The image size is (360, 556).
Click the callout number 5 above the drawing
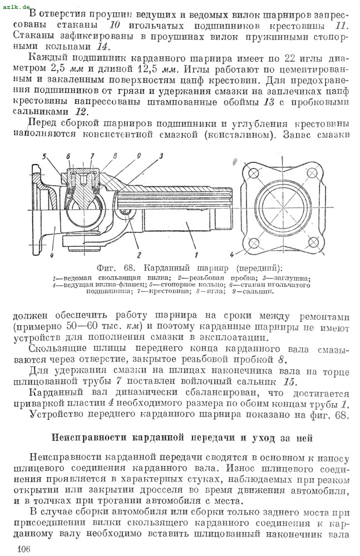43,156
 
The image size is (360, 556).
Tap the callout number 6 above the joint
67,156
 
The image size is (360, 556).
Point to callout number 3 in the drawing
160,156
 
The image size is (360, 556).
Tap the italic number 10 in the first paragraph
115,25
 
